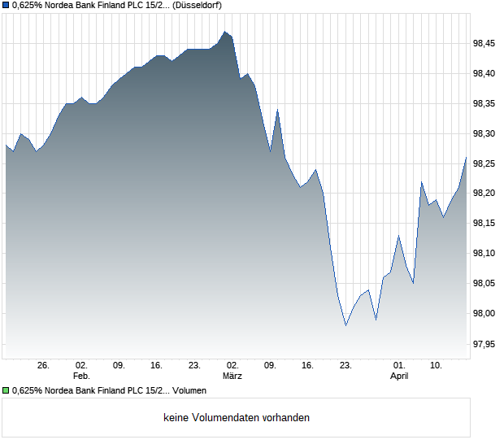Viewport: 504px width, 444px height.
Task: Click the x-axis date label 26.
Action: click(44, 366)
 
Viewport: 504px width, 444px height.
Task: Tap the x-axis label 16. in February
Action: click(156, 366)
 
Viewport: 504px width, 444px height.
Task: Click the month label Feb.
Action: click(80, 377)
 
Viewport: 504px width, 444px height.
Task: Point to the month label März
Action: click(232, 377)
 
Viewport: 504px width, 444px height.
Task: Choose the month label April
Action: click(399, 377)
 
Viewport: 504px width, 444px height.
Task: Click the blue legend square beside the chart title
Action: click(6, 5)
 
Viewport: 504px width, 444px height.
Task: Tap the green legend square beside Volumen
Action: click(6, 390)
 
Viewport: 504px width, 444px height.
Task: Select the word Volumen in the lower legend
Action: click(189, 390)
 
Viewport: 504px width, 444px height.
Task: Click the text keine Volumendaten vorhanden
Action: click(237, 418)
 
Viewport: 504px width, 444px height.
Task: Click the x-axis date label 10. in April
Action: click(437, 366)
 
